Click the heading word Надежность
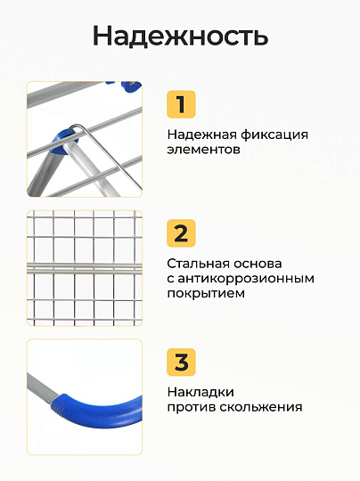pyautogui.click(x=181, y=36)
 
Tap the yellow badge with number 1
pyautogui.click(x=181, y=104)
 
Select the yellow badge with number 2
pyautogui.click(x=181, y=233)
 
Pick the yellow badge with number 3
pyautogui.click(x=181, y=362)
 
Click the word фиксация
pyautogui.click(x=274, y=135)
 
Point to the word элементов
pyautogui.click(x=203, y=150)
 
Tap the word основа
pyautogui.click(x=258, y=265)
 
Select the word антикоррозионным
pyautogui.click(x=246, y=279)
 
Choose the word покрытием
pyautogui.click(x=206, y=294)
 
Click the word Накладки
pyautogui.click(x=200, y=393)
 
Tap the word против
pyautogui.click(x=192, y=408)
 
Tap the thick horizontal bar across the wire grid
pyautogui.click(x=85, y=268)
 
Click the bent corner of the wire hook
pyautogui.click(x=76, y=126)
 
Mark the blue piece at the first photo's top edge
pyautogui.click(x=131, y=86)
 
